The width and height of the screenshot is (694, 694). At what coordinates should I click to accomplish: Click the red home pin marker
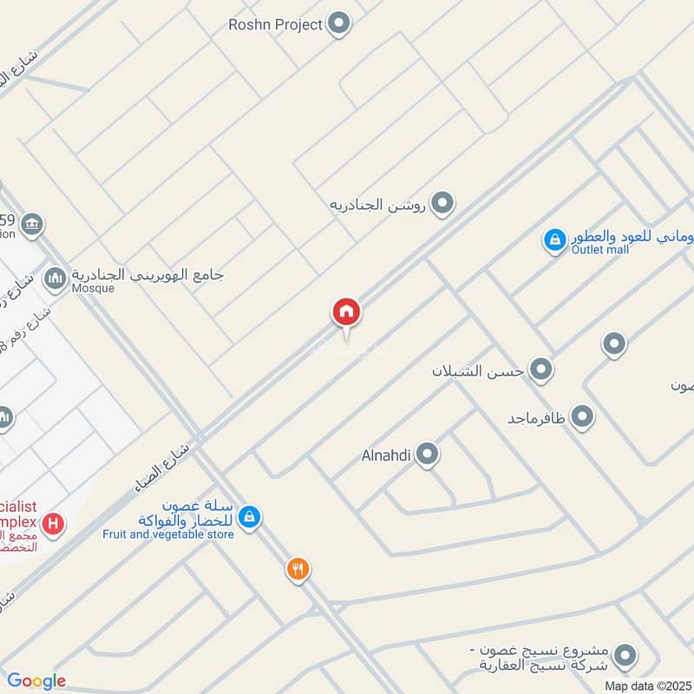[x=346, y=312]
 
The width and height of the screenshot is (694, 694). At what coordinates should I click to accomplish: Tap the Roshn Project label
[x=275, y=24]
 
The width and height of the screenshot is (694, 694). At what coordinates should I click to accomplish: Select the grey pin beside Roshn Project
[x=338, y=24]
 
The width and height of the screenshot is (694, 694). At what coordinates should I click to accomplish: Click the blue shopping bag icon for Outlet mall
[x=554, y=239]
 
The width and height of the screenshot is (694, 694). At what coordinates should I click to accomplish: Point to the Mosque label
[x=94, y=288]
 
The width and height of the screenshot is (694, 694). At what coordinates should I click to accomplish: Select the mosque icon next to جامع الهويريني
[x=56, y=278]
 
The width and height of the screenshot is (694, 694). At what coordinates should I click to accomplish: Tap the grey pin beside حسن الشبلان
[x=541, y=370]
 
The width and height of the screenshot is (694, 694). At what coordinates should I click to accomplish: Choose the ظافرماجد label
[x=537, y=418]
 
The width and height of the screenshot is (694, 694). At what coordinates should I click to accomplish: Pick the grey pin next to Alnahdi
[x=426, y=454]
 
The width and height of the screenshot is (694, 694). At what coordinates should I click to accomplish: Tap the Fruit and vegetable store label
[x=168, y=534]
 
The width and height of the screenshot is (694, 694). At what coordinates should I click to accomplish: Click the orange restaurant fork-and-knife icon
[x=298, y=569]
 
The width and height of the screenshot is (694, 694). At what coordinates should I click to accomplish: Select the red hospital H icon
[x=54, y=524]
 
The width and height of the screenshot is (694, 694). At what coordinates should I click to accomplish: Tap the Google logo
[x=36, y=681]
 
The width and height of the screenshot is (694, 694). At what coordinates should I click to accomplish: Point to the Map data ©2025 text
[x=646, y=685]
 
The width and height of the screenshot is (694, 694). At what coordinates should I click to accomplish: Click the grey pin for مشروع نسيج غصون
[x=625, y=656]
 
